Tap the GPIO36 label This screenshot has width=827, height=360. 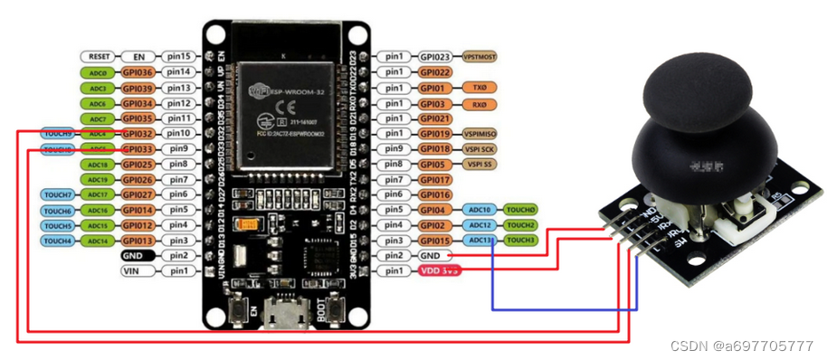pos(138,72)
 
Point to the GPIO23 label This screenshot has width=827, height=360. pos(435,56)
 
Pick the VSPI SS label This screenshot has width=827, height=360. pos(480,165)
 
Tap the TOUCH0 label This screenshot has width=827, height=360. pos(521,210)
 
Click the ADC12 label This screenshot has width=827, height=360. pos(480,225)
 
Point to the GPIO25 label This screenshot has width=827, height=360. pos(138,165)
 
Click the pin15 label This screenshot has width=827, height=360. pos(178,56)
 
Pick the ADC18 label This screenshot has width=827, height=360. pos(98,165)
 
